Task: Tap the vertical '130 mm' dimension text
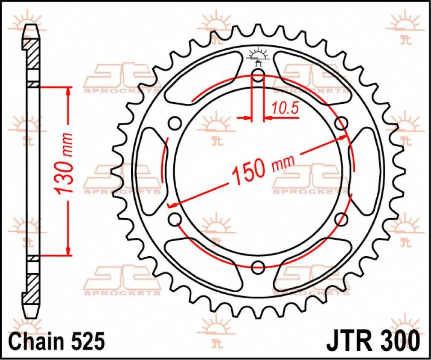click(x=65, y=164)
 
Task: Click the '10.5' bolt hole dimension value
click(x=285, y=108)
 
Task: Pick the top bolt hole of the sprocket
click(x=258, y=76)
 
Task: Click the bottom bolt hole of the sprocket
click(x=258, y=267)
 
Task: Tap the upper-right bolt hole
click(x=341, y=123)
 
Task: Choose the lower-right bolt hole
click(x=341, y=219)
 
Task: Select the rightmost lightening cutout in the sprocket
click(x=365, y=171)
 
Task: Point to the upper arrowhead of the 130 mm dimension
click(x=68, y=91)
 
